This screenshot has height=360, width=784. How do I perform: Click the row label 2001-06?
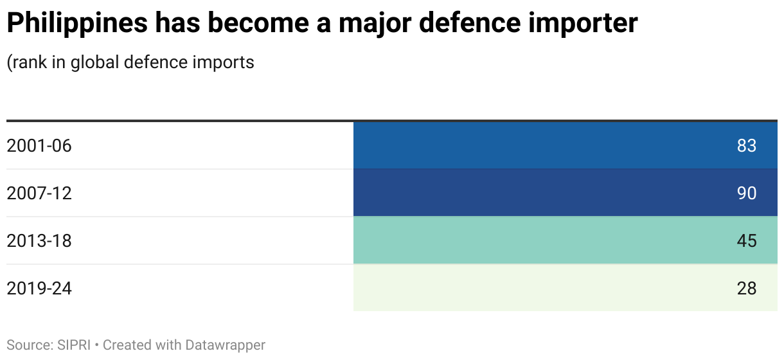point(39,146)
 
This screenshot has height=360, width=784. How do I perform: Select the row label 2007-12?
point(39,194)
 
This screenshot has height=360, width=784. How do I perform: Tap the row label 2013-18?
point(39,241)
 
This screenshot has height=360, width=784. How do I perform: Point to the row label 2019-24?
point(39,289)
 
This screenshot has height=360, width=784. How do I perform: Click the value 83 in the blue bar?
point(747,146)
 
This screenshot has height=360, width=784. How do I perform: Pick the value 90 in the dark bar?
point(747,194)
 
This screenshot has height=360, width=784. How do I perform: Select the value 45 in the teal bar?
point(747,241)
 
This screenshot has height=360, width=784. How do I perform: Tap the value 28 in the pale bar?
point(747,289)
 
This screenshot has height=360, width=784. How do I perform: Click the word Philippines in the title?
point(76,24)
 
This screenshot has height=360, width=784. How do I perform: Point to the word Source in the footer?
point(28,345)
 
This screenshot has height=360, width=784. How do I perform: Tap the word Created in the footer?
point(126,345)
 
